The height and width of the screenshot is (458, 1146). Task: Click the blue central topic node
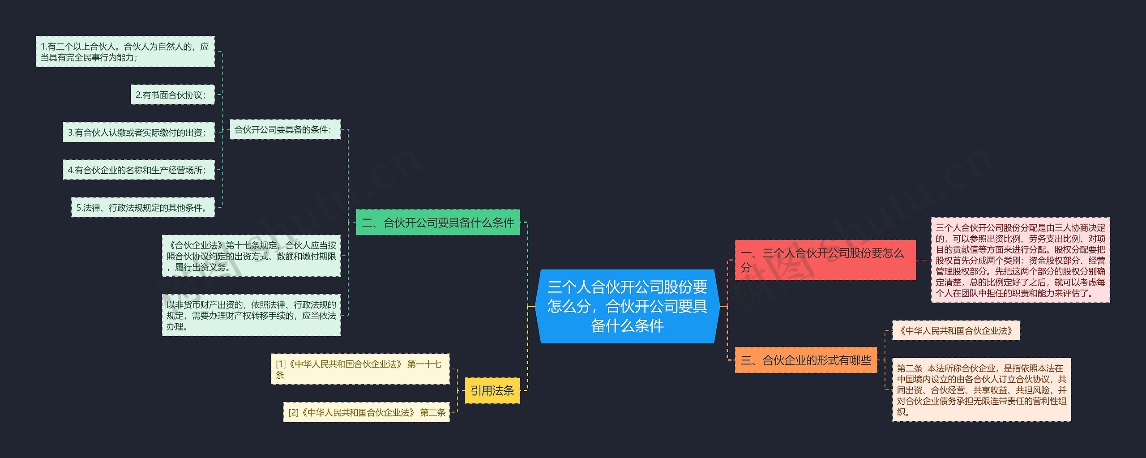click(627, 306)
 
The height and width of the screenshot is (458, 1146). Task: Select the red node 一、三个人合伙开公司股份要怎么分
click(825, 260)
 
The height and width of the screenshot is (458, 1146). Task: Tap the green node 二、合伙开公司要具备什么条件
click(437, 223)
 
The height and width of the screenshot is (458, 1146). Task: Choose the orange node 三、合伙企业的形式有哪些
click(806, 360)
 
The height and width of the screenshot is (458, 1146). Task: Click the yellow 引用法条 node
click(492, 390)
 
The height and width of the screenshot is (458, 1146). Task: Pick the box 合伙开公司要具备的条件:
click(285, 129)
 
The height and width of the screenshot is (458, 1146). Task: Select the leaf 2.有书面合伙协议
click(172, 94)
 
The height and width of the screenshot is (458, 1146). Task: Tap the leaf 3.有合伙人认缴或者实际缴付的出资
click(138, 132)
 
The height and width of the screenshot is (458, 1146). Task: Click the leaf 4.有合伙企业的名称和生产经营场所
click(138, 170)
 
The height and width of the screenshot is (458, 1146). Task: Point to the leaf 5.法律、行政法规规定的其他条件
click(143, 207)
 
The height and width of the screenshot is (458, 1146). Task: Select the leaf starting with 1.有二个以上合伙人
click(125, 51)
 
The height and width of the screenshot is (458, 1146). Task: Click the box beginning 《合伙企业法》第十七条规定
click(251, 256)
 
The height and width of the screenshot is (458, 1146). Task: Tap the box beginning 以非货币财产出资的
click(251, 315)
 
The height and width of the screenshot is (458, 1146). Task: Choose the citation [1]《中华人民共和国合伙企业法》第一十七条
click(360, 369)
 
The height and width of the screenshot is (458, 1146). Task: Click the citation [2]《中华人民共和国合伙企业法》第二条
click(366, 412)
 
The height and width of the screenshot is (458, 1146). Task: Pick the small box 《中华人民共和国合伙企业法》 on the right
click(956, 330)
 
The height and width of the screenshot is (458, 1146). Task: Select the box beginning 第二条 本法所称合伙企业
click(981, 390)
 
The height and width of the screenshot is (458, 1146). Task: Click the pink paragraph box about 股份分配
click(1020, 260)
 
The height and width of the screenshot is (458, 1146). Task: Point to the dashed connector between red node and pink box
click(924, 260)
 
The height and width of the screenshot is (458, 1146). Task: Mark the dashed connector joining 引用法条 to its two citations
click(457, 390)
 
